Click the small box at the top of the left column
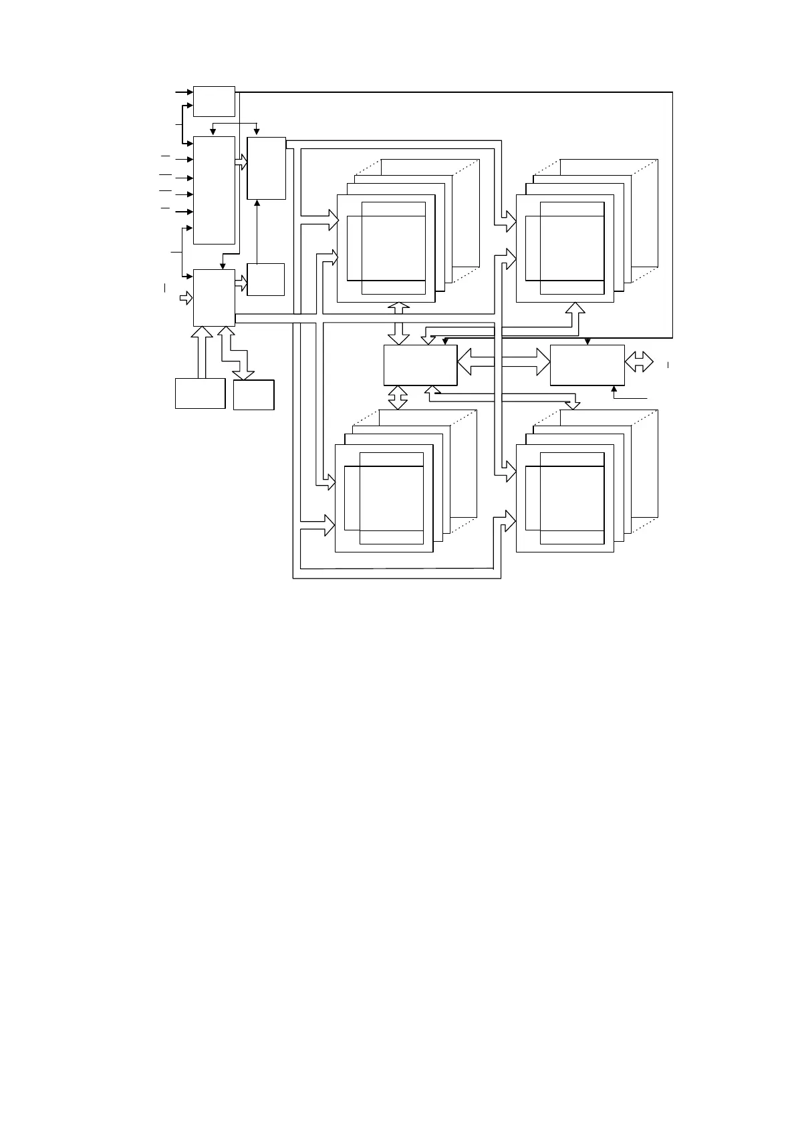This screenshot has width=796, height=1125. [214, 102]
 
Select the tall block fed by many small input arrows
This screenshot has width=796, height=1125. [214, 190]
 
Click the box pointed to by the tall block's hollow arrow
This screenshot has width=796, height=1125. [266, 168]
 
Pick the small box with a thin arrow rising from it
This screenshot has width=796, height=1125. [265, 279]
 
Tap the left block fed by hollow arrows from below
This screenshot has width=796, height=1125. [214, 297]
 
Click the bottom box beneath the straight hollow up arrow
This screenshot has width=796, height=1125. [200, 393]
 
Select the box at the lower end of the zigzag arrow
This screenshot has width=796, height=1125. [254, 394]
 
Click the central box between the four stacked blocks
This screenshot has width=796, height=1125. [420, 365]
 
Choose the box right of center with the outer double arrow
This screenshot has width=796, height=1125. [587, 365]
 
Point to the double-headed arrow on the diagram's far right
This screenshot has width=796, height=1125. [639, 363]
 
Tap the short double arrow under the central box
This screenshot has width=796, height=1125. [398, 397]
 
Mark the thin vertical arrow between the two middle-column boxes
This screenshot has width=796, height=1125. [257, 230]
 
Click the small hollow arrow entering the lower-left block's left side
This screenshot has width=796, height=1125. [185, 297]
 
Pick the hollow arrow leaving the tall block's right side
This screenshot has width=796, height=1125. [241, 162]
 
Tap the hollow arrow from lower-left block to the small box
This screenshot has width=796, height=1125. [241, 283]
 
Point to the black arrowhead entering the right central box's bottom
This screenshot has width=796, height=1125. [614, 389]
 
